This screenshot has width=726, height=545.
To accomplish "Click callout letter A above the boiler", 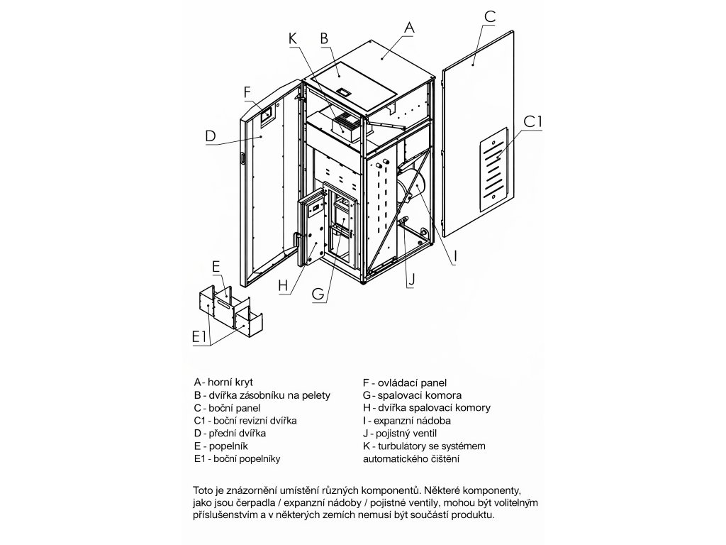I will click(408, 26).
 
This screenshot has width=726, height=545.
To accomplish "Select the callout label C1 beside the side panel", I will click(532, 122).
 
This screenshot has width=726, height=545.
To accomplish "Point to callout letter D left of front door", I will click(211, 136).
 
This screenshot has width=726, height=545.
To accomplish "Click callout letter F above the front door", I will click(247, 92).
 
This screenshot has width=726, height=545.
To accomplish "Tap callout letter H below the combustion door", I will click(284, 286).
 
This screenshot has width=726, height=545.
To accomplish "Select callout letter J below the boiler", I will click(410, 279).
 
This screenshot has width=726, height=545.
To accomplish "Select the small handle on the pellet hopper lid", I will click(344, 92).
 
